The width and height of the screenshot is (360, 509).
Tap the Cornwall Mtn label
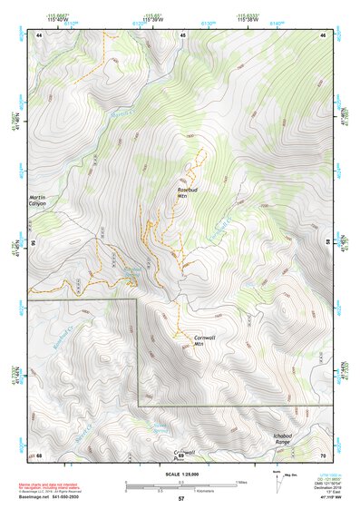pos(204,341)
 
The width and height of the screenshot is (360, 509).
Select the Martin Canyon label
pos(36,201)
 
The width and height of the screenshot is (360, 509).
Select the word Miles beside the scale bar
pos(240,482)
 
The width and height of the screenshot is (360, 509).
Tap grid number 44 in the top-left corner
pos(39,34)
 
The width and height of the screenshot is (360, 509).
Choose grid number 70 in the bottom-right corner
pos(322,455)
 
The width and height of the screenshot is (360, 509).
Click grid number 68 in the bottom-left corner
pos(39,455)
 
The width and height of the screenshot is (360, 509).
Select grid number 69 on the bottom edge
pos(180,455)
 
